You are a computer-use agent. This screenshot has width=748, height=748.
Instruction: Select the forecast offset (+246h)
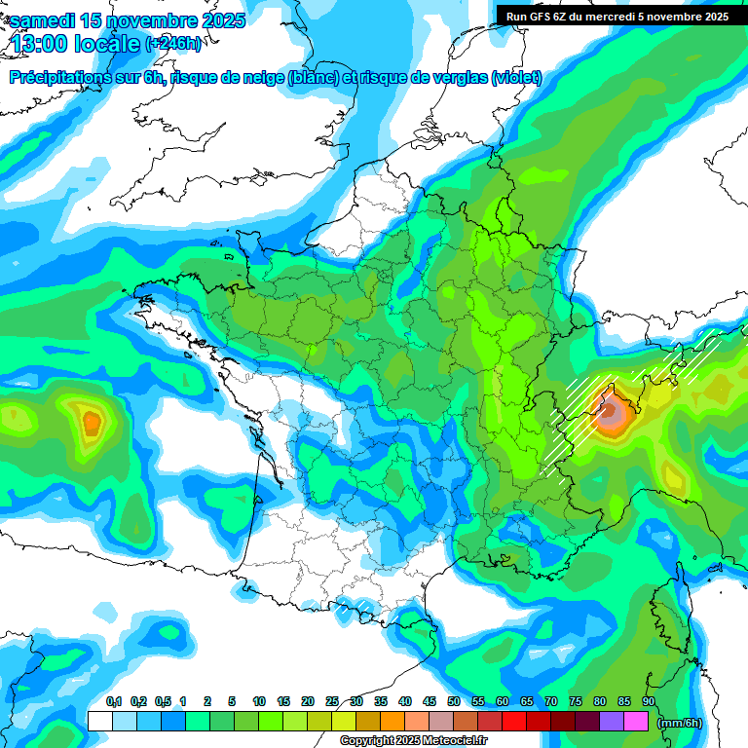pyautogui.click(x=172, y=44)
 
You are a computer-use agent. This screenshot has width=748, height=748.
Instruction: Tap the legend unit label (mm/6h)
pyautogui.click(x=680, y=722)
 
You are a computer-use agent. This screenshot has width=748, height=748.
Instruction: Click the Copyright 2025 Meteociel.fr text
pyautogui.click(x=413, y=741)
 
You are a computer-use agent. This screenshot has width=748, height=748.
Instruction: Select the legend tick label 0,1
pyautogui.click(x=113, y=701)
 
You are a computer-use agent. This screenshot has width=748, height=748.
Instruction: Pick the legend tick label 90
pyautogui.click(x=648, y=701)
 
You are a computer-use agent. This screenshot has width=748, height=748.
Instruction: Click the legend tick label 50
pyautogui.click(x=454, y=701)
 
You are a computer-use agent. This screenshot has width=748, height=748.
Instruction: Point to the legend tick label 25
pyautogui.click(x=332, y=701)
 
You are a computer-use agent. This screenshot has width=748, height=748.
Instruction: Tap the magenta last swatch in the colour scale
pyautogui.click(x=636, y=721)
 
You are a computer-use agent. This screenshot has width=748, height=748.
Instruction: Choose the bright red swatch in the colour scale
pyautogui.click(x=514, y=721)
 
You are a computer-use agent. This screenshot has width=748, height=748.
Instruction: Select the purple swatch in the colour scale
pyautogui.click(x=612, y=721)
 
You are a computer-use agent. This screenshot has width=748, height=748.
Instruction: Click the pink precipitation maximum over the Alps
pyautogui.click(x=611, y=415)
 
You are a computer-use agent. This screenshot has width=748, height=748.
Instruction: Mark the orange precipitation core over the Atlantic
pyautogui.click(x=91, y=423)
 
